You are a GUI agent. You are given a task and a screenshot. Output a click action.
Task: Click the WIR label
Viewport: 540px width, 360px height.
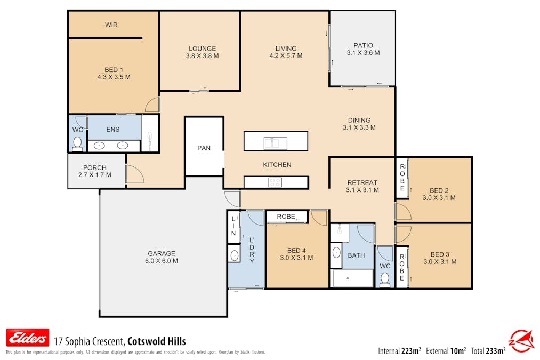[x=111, y=25]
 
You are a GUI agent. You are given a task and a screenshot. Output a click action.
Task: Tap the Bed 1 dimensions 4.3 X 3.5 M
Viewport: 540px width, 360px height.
[x=114, y=77]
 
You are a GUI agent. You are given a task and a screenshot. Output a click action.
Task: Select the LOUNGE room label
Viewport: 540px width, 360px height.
[x=202, y=49]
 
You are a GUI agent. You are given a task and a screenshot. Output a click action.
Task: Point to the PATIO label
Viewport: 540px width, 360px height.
[x=364, y=45]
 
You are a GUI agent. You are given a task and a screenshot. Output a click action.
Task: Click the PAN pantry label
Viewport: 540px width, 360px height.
[x=204, y=148]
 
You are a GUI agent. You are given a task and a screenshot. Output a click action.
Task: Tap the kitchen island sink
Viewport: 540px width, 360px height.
[x=275, y=142]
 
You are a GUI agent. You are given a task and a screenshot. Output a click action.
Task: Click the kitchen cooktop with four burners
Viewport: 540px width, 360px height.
[x=275, y=182]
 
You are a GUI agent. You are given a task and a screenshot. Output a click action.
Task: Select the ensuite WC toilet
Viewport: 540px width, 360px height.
[x=77, y=144]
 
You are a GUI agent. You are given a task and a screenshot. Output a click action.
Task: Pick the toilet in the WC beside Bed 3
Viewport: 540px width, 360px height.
[x=385, y=279]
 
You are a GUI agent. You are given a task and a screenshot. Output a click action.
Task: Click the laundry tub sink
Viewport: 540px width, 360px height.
[x=234, y=255]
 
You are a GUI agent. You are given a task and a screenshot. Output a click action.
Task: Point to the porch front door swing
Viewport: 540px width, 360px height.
[x=135, y=174]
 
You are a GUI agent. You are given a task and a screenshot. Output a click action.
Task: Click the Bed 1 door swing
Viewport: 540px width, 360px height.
[x=152, y=105]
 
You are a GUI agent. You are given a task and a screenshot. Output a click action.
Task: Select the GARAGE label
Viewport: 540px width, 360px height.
[x=162, y=253]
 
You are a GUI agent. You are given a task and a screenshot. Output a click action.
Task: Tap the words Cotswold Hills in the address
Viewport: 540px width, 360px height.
[x=157, y=341]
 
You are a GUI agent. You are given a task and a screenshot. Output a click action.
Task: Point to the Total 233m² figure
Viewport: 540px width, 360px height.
[x=488, y=351]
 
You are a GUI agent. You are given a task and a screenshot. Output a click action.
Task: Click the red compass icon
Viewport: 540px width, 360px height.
[x=521, y=341]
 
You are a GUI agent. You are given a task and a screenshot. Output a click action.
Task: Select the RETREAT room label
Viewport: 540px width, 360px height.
[x=362, y=182]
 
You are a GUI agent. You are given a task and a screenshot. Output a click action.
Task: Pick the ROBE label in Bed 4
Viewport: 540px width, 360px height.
[x=286, y=217]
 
